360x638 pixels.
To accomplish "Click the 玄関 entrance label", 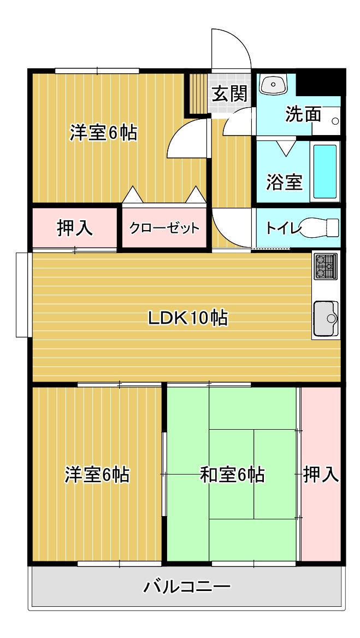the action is point(230,95).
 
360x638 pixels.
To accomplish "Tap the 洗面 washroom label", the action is point(303,114).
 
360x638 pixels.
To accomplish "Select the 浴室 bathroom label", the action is point(285,182).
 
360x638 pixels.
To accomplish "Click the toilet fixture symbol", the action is point(320,227).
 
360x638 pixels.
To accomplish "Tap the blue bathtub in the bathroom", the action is point(325,171).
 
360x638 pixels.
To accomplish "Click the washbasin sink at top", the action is point(273,84).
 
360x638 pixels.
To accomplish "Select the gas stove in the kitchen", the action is point(326,266).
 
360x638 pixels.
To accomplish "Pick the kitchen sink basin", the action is point(326,318).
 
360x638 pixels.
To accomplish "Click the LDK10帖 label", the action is point(187,318).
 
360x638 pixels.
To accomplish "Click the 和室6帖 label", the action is point(232,475).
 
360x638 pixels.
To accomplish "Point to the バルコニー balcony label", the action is point(187,587).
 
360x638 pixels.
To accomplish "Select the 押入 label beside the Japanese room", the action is point(321,475).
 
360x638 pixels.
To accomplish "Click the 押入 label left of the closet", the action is point(74,229).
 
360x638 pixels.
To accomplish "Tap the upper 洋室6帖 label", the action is point(103,133).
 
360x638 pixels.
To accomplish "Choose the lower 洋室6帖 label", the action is point(97,475).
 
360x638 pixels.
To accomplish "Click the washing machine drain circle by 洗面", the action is point(335,121).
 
